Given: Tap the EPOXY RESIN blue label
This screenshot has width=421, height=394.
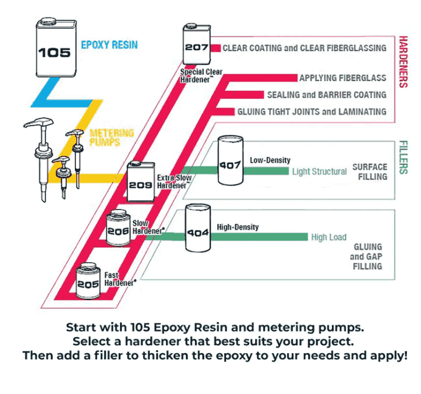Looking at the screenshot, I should [109, 45].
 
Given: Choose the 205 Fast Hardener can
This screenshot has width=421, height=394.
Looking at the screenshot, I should [89, 280].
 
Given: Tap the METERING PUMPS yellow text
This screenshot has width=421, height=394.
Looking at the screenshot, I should [111, 138].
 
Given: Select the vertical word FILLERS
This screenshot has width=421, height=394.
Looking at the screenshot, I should [403, 157].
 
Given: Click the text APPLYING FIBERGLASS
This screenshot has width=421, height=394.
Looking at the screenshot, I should [342, 79].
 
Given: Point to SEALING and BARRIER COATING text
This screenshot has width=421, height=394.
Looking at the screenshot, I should [326, 95].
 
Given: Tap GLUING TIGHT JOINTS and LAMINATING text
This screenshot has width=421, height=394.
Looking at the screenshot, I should [311, 112].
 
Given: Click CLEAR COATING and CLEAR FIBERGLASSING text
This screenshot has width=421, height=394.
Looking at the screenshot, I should [304, 48].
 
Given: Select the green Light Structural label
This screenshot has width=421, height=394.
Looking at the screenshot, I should [319, 171].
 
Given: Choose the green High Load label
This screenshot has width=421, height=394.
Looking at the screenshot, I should [329, 237].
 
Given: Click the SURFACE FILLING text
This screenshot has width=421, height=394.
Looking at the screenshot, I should [370, 171].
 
